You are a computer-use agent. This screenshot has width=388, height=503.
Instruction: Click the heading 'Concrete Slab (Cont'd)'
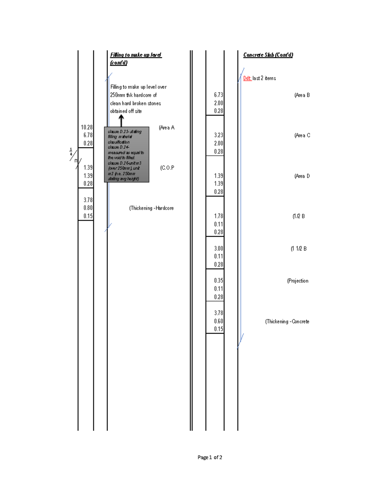tap(268, 55)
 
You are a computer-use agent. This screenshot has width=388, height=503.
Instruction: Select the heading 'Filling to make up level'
tap(136, 55)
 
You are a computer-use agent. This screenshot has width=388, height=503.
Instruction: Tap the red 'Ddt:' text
tap(247, 78)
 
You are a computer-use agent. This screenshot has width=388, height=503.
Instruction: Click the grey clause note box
tap(126, 154)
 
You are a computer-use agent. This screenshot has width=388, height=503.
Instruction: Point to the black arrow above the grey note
tap(121, 121)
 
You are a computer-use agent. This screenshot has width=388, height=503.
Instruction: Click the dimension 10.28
tap(87, 127)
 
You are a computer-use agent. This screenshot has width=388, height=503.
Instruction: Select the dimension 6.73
tap(218, 95)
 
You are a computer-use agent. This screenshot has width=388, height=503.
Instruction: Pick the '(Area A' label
tap(167, 128)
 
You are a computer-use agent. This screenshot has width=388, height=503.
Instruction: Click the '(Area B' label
tap(302, 95)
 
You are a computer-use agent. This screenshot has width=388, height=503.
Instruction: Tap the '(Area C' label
tap(302, 135)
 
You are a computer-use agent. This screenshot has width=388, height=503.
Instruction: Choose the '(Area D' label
tap(302, 176)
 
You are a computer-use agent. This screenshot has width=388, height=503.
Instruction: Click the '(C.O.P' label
tap(167, 168)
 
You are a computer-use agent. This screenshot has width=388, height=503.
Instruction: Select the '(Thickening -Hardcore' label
tap(151, 208)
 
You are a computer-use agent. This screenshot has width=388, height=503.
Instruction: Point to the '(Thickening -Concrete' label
tap(287, 322)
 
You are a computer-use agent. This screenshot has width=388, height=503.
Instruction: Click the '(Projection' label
tap(297, 281)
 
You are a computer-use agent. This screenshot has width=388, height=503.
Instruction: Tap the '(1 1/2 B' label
tap(298, 249)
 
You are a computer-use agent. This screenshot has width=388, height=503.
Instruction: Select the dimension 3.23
tap(218, 135)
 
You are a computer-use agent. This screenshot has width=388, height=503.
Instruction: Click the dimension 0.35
tap(218, 280)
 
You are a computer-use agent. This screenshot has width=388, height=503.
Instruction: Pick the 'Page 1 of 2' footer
tap(210, 457)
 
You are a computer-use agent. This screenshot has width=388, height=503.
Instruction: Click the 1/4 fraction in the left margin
tap(71, 152)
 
